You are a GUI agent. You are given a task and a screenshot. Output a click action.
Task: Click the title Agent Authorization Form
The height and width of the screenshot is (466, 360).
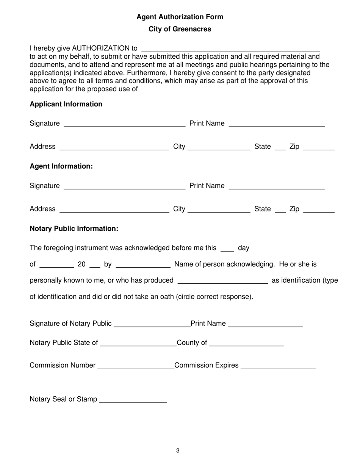click(180, 17)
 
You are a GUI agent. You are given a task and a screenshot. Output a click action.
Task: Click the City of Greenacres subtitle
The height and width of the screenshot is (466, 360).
click(180, 29)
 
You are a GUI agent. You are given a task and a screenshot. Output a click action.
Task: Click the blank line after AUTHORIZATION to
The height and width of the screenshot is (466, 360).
click(230, 49)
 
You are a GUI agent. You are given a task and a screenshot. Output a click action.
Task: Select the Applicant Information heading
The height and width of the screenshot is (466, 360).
click(66, 104)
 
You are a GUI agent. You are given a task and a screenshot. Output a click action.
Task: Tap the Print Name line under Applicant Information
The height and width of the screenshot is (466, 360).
click(277, 124)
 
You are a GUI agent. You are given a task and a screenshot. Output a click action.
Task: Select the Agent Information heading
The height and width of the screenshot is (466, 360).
click(61, 166)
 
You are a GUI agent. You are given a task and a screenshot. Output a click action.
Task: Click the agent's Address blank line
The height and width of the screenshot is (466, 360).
click(114, 210)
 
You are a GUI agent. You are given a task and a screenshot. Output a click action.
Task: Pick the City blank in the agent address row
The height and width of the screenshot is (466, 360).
click(219, 210)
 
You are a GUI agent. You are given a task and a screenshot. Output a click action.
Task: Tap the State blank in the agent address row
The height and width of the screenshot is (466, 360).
click(280, 210)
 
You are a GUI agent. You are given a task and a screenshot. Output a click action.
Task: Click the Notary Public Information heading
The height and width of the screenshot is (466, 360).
click(74, 229)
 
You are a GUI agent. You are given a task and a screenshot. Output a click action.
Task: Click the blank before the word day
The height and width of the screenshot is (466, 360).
click(227, 249)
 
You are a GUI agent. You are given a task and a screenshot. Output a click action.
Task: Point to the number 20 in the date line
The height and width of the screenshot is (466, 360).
click(81, 264)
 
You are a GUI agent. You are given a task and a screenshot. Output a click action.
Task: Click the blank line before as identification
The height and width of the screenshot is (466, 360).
click(222, 281)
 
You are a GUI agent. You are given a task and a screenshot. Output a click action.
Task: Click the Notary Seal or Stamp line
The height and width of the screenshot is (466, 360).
click(133, 400)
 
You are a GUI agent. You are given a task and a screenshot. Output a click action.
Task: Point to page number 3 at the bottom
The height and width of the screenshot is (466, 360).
click(178, 450)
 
